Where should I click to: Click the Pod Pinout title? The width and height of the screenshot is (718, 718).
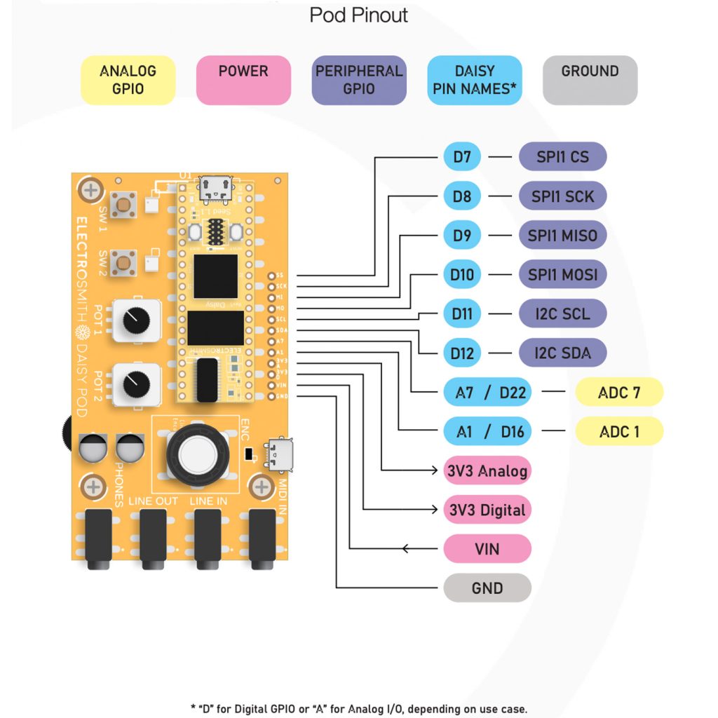(358, 15)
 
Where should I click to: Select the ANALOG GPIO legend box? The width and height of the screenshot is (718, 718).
(128, 80)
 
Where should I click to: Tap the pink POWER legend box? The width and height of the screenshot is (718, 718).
(243, 80)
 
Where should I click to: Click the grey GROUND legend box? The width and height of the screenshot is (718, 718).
(590, 80)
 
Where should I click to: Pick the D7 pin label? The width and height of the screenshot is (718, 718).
(462, 157)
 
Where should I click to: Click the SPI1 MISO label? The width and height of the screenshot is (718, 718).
(562, 236)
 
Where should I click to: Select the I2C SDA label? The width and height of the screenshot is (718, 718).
(562, 353)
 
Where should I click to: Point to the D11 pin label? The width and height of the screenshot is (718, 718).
(462, 313)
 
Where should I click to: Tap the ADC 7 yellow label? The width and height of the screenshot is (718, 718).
(618, 392)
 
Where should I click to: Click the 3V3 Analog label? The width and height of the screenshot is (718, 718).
(487, 470)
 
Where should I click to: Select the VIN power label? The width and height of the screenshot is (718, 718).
(487, 548)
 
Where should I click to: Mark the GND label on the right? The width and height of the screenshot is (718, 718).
(487, 588)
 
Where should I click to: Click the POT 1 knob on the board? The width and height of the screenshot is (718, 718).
(132, 321)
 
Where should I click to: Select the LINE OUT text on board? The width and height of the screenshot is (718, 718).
(153, 502)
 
